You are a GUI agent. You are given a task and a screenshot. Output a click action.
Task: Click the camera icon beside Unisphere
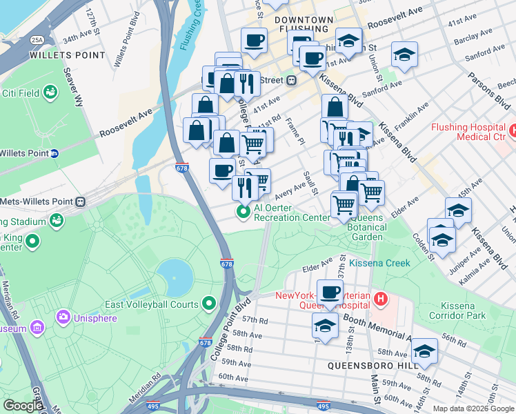63,317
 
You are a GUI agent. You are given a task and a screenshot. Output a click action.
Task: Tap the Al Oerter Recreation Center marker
243,212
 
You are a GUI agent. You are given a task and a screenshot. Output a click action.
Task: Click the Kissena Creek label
379,263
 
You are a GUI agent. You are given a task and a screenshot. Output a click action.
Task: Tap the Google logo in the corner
22,405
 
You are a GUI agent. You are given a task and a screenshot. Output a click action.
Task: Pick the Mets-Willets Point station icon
81,201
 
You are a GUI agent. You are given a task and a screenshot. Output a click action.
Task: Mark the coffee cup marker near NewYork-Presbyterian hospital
330,291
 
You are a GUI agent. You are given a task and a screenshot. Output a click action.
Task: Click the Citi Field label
19,93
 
